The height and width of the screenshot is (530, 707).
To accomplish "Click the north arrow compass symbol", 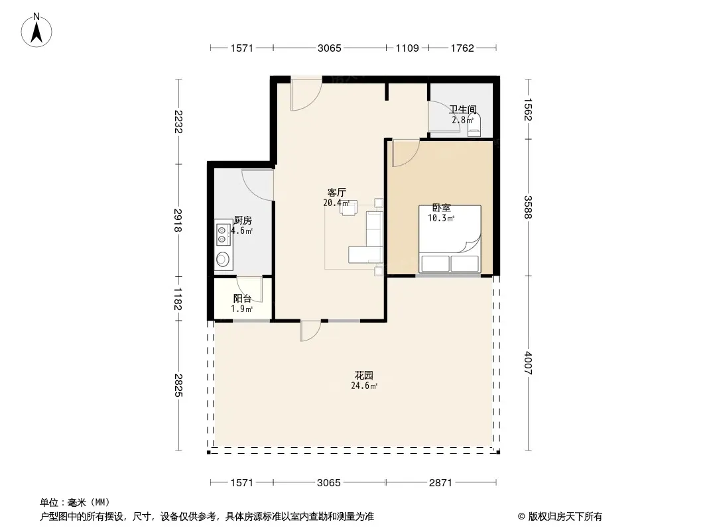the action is pyautogui.click(x=36, y=30).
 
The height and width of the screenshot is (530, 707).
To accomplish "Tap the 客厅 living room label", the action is pyautogui.click(x=336, y=192).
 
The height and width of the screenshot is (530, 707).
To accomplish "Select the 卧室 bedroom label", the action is pyautogui.click(x=442, y=207).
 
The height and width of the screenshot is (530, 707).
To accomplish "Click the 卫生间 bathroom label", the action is pyautogui.click(x=463, y=109).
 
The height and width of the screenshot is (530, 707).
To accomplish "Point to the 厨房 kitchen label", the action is pyautogui.click(x=243, y=220).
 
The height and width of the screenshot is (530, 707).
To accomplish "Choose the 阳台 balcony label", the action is pyautogui.click(x=242, y=298).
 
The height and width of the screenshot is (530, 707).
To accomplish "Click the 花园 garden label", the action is pyautogui.click(x=364, y=375).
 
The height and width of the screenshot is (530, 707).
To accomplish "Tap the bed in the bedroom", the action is pyautogui.click(x=450, y=239).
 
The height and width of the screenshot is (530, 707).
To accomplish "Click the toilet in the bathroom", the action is pyautogui.click(x=474, y=125).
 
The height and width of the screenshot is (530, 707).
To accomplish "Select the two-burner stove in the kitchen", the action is pyautogui.click(x=222, y=234).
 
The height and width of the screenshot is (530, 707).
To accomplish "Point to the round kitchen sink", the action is pyautogui.click(x=222, y=259).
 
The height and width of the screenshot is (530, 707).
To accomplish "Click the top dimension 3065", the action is pyautogui.click(x=330, y=48).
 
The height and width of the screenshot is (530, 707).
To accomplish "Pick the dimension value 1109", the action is pyautogui.click(x=407, y=48).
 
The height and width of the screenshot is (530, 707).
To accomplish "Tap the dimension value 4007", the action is pyautogui.click(x=528, y=363).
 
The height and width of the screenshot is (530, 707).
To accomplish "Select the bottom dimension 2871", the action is pyautogui.click(x=440, y=483).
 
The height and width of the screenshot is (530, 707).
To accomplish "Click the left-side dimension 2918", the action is pyautogui.click(x=178, y=220).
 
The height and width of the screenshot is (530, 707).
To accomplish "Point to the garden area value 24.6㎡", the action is pyautogui.click(x=364, y=386).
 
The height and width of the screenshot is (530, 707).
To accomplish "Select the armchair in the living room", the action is pyautogui.click(x=350, y=207).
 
